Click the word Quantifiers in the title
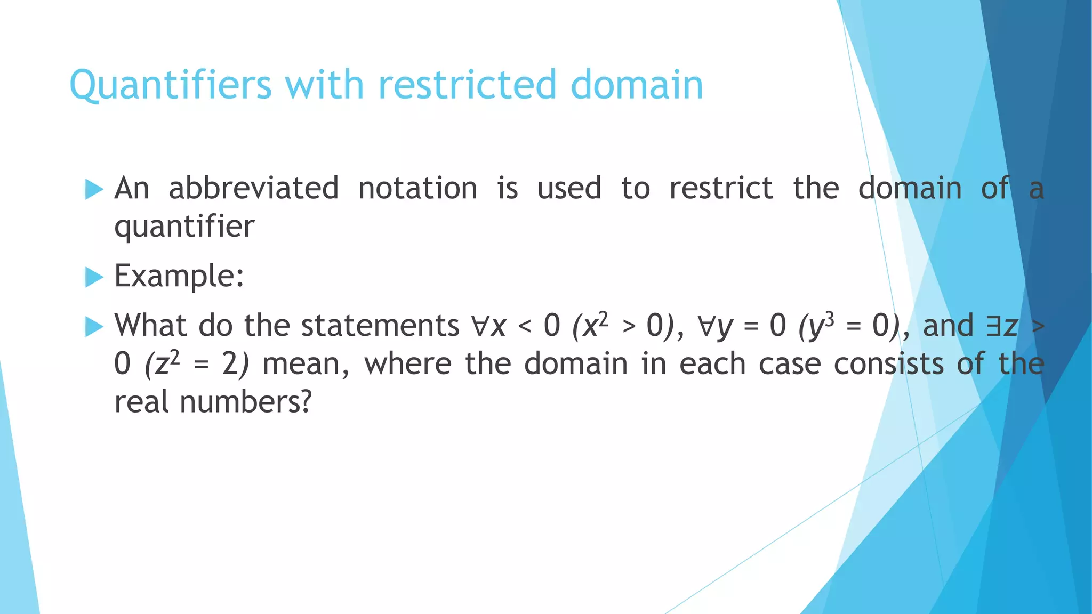click(x=171, y=85)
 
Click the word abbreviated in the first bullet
click(x=253, y=188)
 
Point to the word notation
click(x=417, y=188)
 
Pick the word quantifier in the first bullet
click(x=184, y=227)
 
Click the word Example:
click(x=179, y=276)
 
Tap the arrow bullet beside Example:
click(x=94, y=277)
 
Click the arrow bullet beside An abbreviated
click(x=94, y=189)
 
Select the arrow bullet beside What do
click(x=94, y=326)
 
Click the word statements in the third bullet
click(x=380, y=325)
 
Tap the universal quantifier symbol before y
click(x=706, y=326)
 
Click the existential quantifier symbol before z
click(x=993, y=326)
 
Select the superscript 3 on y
click(x=829, y=318)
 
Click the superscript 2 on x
click(x=603, y=318)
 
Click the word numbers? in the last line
click(x=245, y=402)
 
